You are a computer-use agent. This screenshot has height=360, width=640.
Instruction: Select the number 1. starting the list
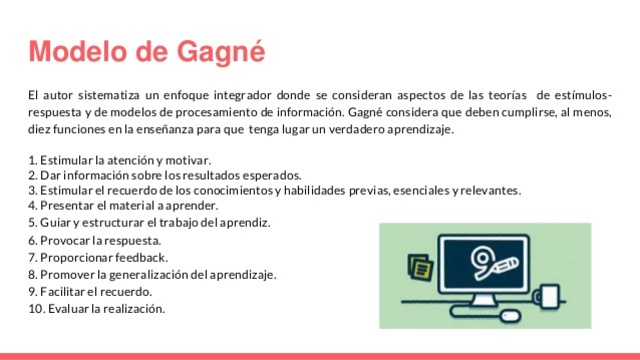point(33,160)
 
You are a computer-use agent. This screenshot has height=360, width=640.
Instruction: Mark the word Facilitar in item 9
point(65,291)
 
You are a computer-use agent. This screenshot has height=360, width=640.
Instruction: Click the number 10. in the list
point(36,308)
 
